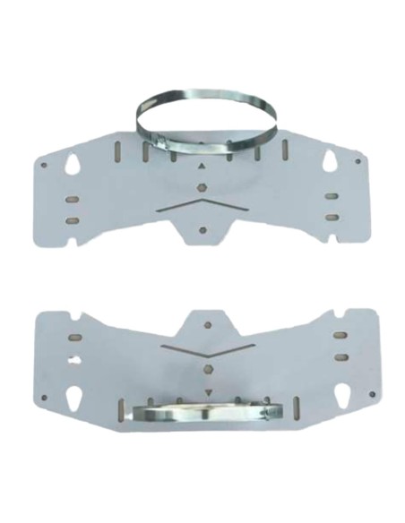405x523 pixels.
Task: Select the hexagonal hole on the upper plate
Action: coord(202,188)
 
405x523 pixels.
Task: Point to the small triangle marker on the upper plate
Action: coord(202,167)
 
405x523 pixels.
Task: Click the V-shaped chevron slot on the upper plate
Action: coord(202,205)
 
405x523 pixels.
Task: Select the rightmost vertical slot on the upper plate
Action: coord(284,149)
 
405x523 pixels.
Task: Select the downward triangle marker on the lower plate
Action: coord(207,391)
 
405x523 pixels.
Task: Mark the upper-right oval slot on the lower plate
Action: coord(340,335)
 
